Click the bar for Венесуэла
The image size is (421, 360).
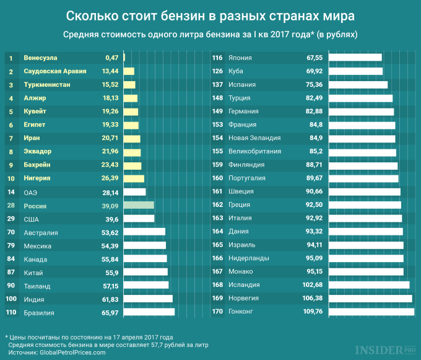(x=124, y=58)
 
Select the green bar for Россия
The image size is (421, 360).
(x=139, y=205)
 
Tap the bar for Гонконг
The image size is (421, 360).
(x=371, y=312)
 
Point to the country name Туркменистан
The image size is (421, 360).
(x=47, y=84)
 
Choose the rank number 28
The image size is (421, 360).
(x=11, y=205)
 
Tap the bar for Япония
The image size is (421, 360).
(x=355, y=58)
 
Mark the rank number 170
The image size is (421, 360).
(x=217, y=312)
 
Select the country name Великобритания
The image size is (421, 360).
(x=255, y=151)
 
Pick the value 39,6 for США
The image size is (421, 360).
(x=111, y=219)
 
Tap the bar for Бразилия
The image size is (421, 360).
(x=149, y=312)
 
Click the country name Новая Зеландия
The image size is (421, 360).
(x=254, y=138)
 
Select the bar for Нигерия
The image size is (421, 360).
(x=134, y=178)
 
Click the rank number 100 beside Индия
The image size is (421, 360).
(x=11, y=299)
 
